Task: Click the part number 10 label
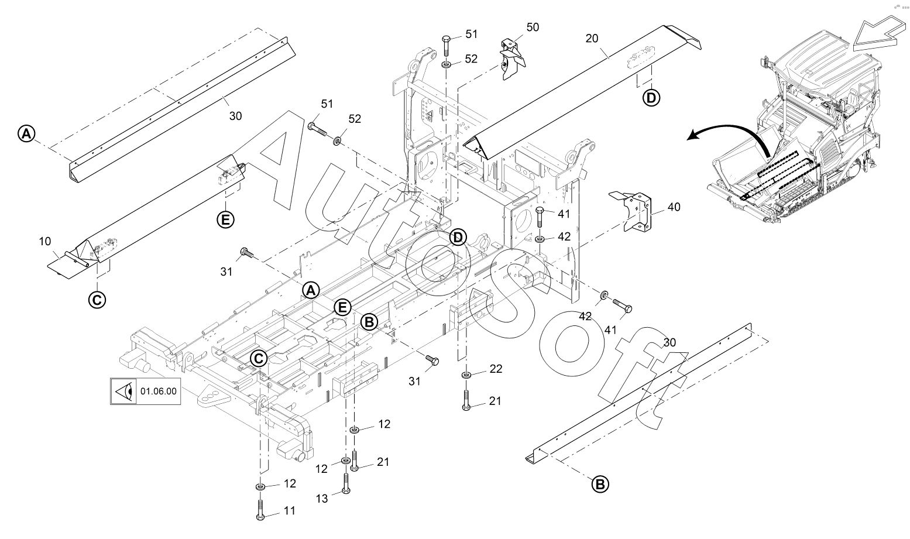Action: pyautogui.click(x=45, y=242)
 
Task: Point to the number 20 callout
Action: pyautogui.click(x=592, y=39)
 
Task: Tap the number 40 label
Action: pyautogui.click(x=674, y=207)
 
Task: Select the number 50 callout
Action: pyautogui.click(x=533, y=28)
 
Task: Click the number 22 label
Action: pyautogui.click(x=496, y=369)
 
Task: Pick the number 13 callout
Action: pyautogui.click(x=322, y=499)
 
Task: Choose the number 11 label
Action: pyautogui.click(x=290, y=510)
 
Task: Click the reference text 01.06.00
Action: pyautogui.click(x=159, y=391)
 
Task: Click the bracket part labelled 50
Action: pyautogui.click(x=512, y=59)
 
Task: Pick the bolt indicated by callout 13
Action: pyautogui.click(x=346, y=483)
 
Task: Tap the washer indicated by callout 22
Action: pyautogui.click(x=466, y=375)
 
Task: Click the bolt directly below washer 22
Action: pyautogui.click(x=466, y=400)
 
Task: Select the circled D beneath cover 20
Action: pyautogui.click(x=651, y=98)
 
